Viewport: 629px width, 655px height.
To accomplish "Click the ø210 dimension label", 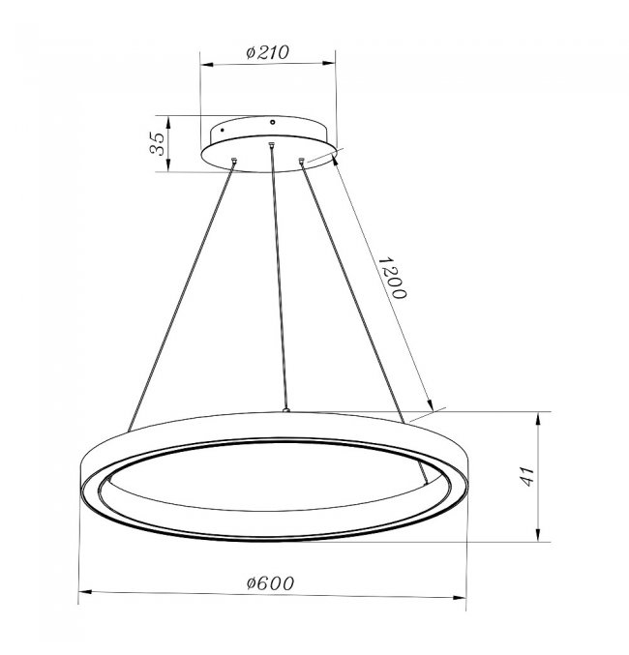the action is coord(267,52).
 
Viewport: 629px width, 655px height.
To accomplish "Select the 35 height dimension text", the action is coord(158,144).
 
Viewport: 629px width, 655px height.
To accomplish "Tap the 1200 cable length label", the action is coord(392,278).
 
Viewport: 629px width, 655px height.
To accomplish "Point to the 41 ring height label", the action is coord(527,477).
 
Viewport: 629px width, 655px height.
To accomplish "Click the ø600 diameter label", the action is coord(270,583).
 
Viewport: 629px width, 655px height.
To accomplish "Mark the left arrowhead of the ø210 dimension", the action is coord(207,65).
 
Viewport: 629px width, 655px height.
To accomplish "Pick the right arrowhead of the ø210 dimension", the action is coord(329,63).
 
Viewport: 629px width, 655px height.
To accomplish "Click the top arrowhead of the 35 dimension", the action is coord(168,123).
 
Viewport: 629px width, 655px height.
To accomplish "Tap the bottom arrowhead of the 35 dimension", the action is coord(168,164).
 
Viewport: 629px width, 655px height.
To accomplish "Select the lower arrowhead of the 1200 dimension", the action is coord(430,404).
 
